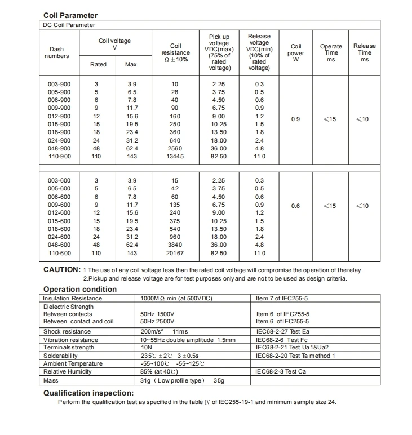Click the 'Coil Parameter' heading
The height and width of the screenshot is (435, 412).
[70, 16]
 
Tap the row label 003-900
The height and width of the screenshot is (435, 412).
[59, 84]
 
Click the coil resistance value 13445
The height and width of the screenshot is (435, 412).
[175, 156]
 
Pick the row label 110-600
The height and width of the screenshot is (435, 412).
[59, 254]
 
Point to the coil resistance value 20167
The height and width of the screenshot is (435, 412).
[175, 254]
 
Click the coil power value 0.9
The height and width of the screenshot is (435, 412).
[295, 119]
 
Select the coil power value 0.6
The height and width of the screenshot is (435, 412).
[295, 206]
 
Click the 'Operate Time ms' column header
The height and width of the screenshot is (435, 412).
[331, 52]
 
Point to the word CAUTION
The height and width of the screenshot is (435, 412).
[61, 269]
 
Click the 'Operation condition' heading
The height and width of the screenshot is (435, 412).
[80, 289]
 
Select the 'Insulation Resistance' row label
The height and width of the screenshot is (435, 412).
[73, 298]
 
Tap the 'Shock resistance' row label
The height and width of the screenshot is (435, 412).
[67, 332]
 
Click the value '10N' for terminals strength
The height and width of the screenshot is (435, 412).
[146, 348]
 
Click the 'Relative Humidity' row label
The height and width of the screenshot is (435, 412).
[68, 371]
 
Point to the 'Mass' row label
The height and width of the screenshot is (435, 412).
[52, 381]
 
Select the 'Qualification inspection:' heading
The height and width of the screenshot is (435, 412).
[88, 393]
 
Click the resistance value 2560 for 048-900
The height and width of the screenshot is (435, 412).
[175, 148]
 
